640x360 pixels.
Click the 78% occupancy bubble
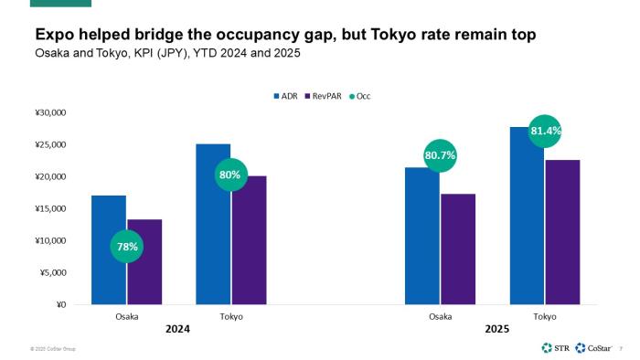127,247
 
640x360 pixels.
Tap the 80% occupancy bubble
230,174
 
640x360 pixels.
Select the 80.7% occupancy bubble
440,155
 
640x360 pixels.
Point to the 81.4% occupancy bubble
545,131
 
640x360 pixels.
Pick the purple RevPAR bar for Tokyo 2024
249,239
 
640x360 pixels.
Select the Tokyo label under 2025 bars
545,316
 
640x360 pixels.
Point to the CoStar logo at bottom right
594,348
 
